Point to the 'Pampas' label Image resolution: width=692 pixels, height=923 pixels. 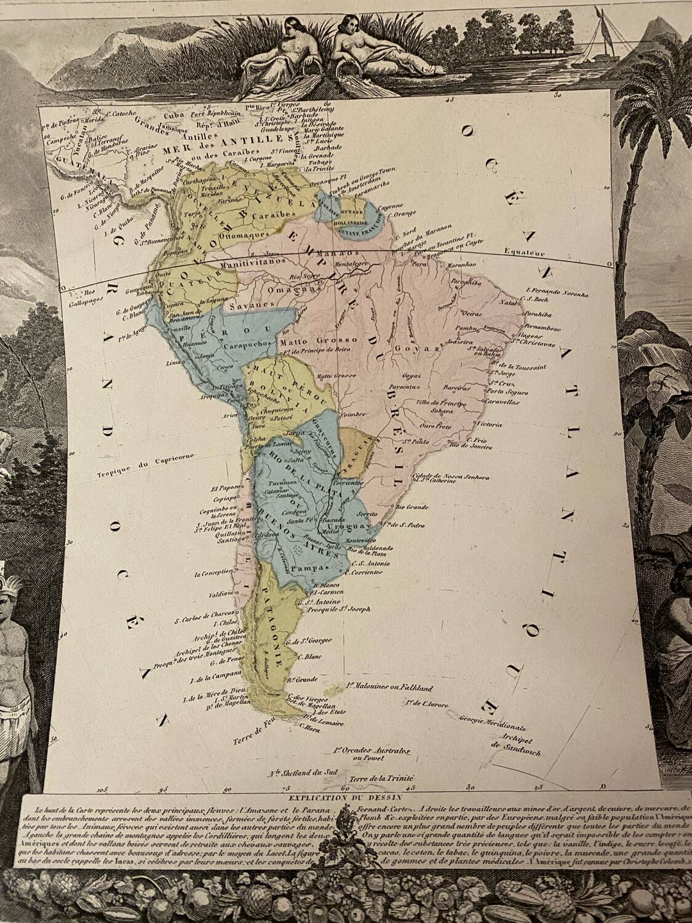point(308,568)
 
